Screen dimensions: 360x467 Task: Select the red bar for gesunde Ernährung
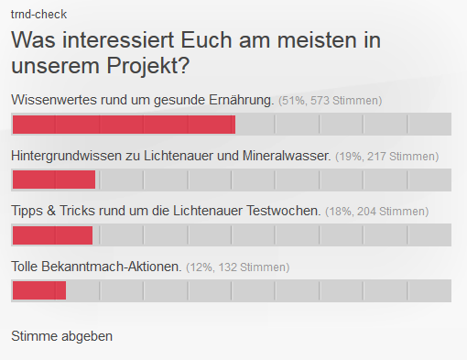[x=123, y=125]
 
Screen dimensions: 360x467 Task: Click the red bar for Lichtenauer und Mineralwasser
[x=53, y=180]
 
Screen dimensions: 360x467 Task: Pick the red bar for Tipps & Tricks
[x=52, y=235]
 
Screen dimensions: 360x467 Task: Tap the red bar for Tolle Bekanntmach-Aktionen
[x=38, y=291]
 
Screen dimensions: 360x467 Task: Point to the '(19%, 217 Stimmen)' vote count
[x=386, y=157]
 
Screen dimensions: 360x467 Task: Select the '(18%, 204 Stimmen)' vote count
[x=376, y=212]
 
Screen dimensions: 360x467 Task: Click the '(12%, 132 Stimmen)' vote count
[x=237, y=267]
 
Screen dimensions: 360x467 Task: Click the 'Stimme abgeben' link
[x=61, y=335]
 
